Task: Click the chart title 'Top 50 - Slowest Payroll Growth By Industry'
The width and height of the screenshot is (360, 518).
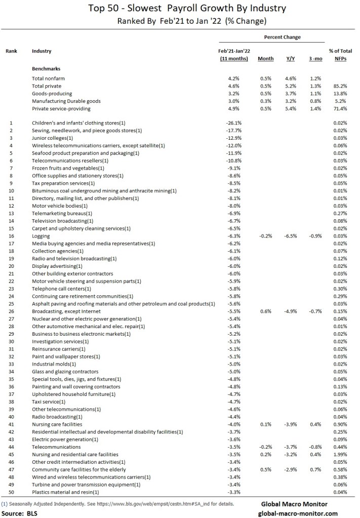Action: [180, 8]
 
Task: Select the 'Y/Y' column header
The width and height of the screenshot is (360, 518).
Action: [291, 59]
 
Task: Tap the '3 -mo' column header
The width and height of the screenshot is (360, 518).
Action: [314, 59]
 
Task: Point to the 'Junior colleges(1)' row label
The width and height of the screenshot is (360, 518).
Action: [53, 138]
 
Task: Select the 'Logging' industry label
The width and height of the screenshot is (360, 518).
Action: [41, 236]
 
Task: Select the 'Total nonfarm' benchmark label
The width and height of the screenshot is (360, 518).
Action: [49, 78]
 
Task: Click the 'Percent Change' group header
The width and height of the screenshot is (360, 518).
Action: [282, 37]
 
